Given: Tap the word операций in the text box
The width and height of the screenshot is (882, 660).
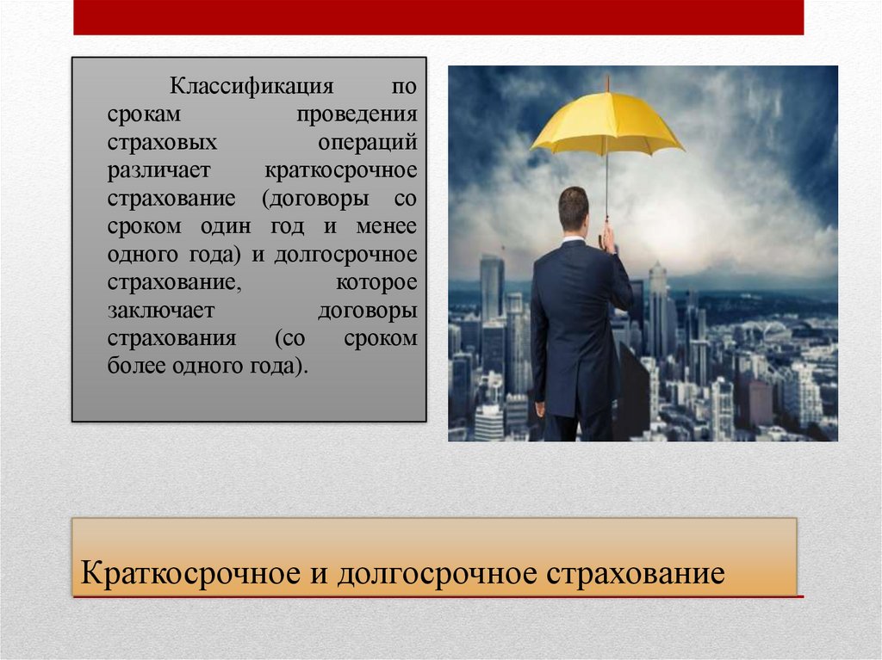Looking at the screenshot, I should pyautogui.click(x=380, y=142).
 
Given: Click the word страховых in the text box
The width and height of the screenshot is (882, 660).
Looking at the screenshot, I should pyautogui.click(x=162, y=142).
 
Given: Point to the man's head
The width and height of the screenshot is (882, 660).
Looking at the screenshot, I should pyautogui.click(x=573, y=209).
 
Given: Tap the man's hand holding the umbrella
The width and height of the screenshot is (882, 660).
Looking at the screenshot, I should pyautogui.click(x=608, y=237).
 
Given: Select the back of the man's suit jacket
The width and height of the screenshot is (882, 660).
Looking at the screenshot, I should pyautogui.click(x=574, y=327).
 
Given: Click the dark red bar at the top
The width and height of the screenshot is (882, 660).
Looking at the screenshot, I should pyautogui.click(x=438, y=17).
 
